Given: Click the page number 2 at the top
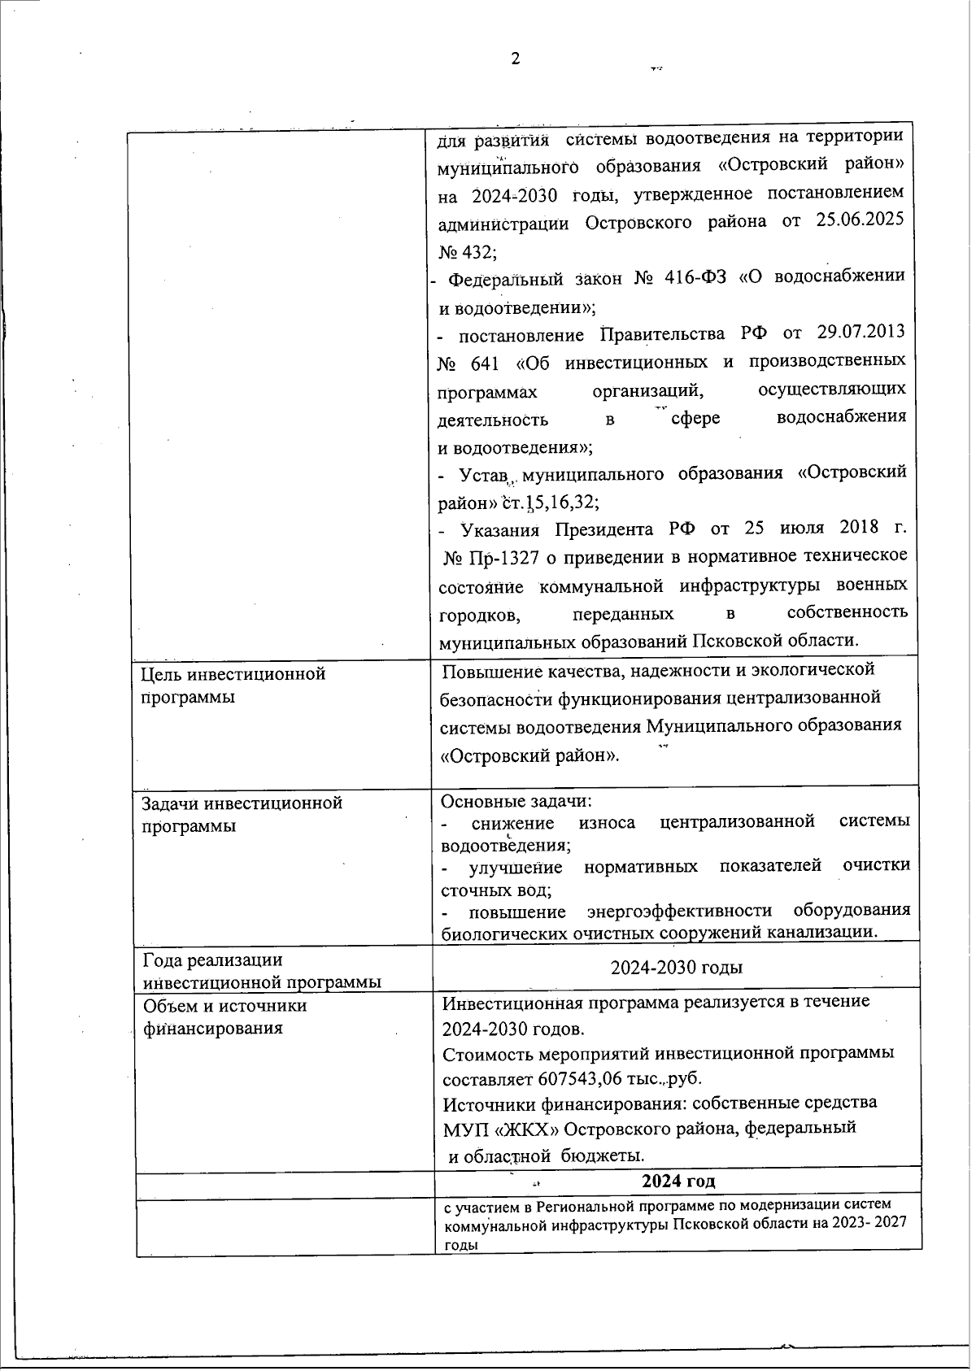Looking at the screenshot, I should coord(514,59).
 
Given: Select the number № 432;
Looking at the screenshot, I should coord(467,250).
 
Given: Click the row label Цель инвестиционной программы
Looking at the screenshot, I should coord(233,685).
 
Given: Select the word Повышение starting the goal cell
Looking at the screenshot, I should coord(492,671).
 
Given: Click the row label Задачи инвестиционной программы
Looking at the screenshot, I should coord(242,814).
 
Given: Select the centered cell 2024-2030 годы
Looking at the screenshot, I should coord(676,968).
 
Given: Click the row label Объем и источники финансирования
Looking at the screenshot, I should coord(224,1016).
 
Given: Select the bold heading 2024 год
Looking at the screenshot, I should coord(678,1180).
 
